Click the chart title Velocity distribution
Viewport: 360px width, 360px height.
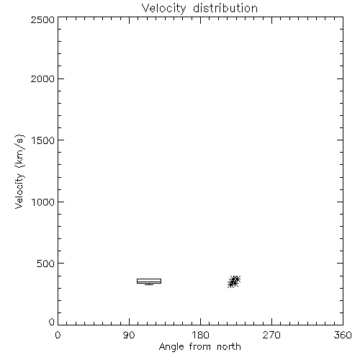[x=199, y=8]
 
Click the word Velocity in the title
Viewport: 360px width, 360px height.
[x=163, y=9]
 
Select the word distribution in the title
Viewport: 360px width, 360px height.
[x=225, y=8]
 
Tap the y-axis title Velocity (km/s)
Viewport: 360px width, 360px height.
[x=19, y=171]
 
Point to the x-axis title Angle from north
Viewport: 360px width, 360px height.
[x=199, y=347]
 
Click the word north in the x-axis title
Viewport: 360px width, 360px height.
[x=229, y=346]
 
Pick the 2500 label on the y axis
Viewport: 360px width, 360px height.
[x=42, y=19]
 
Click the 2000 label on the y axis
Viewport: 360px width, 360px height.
[x=42, y=78]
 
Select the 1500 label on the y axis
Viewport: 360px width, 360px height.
[x=43, y=140]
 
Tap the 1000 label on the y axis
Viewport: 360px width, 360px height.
[x=43, y=202]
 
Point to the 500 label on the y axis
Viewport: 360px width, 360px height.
[x=46, y=264]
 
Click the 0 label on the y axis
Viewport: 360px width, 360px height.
[x=52, y=322]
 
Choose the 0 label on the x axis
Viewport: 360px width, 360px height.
[x=58, y=335]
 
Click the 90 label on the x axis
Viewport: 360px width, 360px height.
[x=129, y=335]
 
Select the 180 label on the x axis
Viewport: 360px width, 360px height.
[x=200, y=335]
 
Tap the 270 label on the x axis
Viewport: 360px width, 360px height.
[x=271, y=335]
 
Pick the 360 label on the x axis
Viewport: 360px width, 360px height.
[x=343, y=335]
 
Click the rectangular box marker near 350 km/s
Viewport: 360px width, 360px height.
[x=149, y=279]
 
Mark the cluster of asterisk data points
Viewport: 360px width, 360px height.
[x=234, y=282]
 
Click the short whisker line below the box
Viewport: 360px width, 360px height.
[x=149, y=284]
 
